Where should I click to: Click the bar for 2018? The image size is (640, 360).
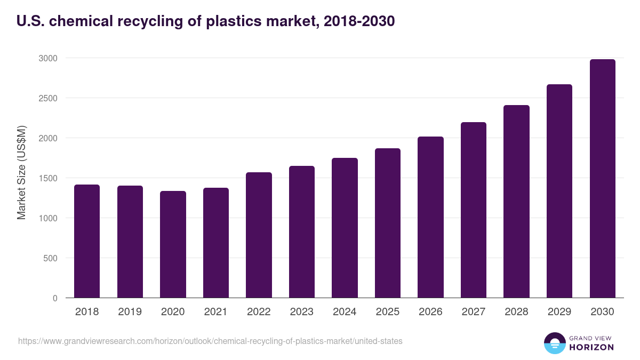(x=87, y=241)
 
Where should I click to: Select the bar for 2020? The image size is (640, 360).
(x=173, y=244)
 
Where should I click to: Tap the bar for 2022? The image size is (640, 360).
(x=259, y=235)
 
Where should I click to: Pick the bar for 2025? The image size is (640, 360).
(x=388, y=223)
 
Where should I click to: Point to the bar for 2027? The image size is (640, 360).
(x=474, y=210)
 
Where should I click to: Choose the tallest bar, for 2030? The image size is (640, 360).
(x=603, y=179)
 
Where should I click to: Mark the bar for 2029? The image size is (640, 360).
(x=559, y=191)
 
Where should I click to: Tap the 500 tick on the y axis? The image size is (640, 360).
(x=50, y=258)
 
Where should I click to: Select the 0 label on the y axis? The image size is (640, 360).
(x=55, y=298)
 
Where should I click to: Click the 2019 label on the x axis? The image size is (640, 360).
(x=130, y=312)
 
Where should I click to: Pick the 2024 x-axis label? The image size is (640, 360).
(x=345, y=312)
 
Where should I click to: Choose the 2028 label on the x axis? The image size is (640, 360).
(x=516, y=312)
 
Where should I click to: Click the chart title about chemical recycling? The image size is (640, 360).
(x=205, y=21)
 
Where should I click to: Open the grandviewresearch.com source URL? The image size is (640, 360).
(x=210, y=341)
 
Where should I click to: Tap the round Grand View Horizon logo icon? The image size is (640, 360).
(x=554, y=343)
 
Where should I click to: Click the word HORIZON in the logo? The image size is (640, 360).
(x=592, y=347)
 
